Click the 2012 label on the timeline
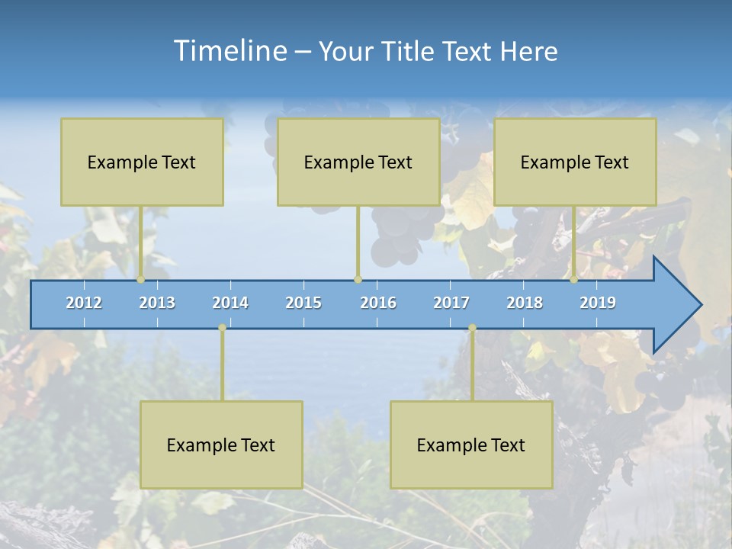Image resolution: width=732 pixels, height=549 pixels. coord(84,303)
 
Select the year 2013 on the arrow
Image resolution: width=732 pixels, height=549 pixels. coord(157,303)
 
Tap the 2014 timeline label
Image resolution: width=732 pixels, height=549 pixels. coord(230,303)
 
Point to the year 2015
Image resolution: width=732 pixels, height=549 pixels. coord(303,303)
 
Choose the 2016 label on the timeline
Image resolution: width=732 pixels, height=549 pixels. coord(378,303)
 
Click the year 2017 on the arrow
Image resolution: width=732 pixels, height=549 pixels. coord(451,303)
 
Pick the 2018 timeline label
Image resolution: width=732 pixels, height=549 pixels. coord(525,303)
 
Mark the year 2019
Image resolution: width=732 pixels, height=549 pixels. coord(598,303)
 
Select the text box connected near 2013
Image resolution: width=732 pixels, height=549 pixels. coord(142,162)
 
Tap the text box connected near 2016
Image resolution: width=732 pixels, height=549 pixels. coord(358,162)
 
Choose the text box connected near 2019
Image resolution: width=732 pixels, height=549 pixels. coord(575,162)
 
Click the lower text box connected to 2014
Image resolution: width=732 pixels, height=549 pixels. coord(221,445)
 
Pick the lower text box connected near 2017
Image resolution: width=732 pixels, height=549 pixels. coord(471,445)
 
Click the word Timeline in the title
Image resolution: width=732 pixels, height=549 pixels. coord(229,50)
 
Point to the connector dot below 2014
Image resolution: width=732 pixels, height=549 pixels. coord(222,328)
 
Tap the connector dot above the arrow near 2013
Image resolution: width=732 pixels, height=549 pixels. coord(140,280)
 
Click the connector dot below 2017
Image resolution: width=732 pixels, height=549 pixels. coord(472,328)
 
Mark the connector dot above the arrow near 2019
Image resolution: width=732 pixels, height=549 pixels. coord(573,280)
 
